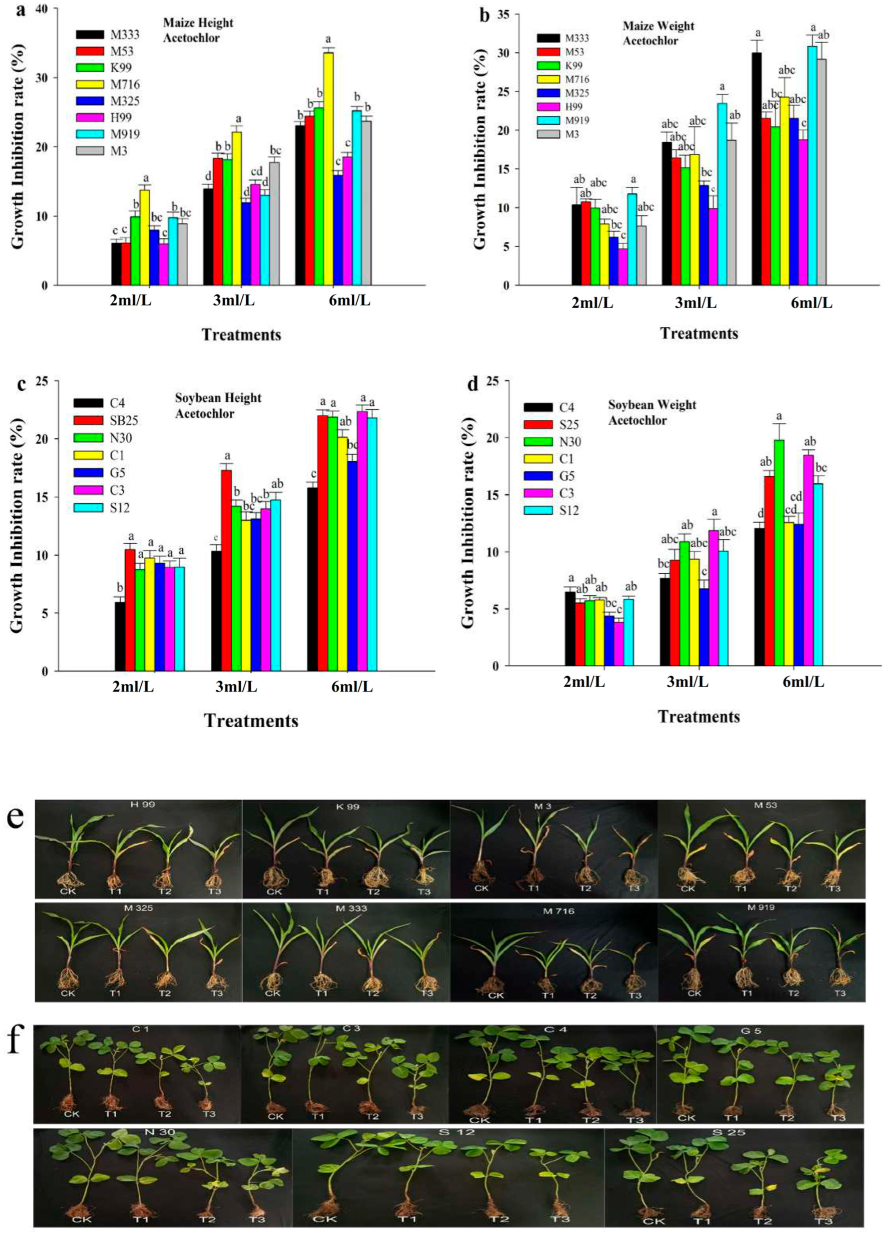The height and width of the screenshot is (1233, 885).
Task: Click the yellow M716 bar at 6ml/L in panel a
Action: tap(328, 169)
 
